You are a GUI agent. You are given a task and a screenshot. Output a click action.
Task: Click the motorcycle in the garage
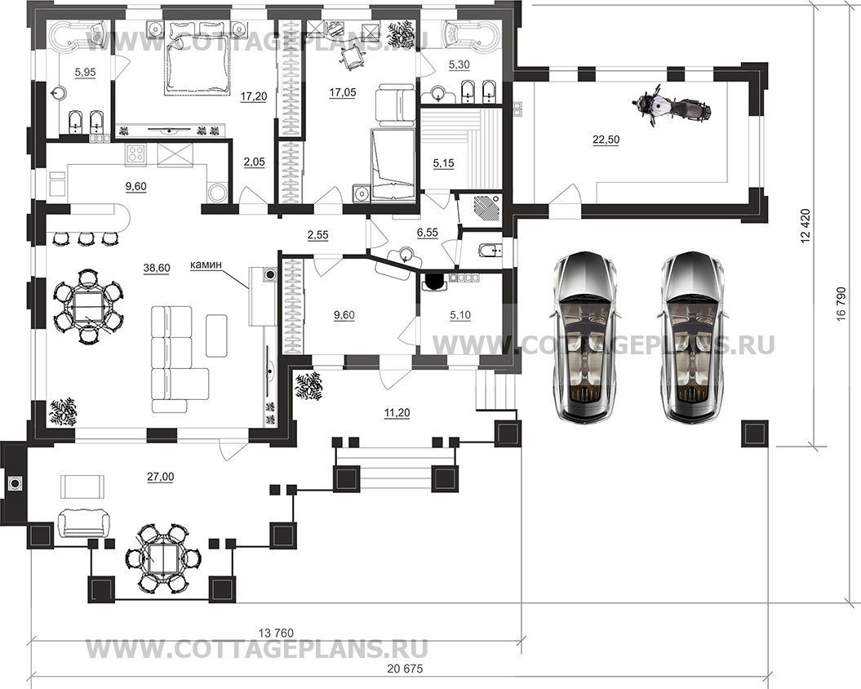click(672, 109)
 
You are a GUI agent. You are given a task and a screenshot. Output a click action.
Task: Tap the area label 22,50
click(606, 140)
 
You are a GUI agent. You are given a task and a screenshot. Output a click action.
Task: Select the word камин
click(206, 264)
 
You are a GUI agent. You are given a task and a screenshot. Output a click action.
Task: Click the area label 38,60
click(157, 268)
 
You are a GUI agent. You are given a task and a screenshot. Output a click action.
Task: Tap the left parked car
click(587, 337)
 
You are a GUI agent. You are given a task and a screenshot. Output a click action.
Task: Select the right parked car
click(695, 337)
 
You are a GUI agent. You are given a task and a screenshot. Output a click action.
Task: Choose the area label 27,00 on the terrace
click(160, 477)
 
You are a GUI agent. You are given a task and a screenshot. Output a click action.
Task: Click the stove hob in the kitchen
click(136, 153)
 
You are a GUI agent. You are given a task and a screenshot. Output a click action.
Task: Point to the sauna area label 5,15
click(444, 163)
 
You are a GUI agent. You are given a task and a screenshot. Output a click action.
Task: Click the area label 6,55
click(428, 233)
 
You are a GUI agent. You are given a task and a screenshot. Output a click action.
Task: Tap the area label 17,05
click(342, 92)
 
